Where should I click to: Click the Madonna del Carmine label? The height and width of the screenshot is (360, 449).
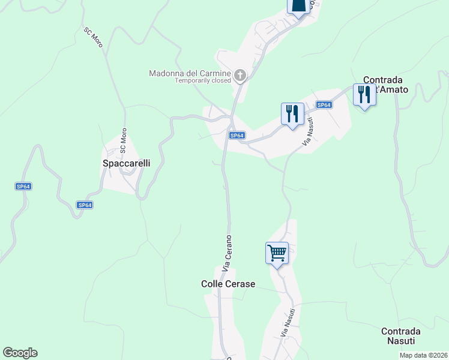coord(190,73)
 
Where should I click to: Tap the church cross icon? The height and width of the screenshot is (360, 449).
coord(240,76)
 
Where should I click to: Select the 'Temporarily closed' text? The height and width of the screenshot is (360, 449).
coord(203,80)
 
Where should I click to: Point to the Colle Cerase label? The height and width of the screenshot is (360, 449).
coord(228,284)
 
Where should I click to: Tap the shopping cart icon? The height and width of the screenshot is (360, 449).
coord(277,253)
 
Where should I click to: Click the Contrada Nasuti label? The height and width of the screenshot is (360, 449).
coord(400,335)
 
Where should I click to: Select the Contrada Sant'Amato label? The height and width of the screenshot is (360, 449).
coord(386,85)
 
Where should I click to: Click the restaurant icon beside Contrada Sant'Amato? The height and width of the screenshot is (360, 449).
coord(364,95)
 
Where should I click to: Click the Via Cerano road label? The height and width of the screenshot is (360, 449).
coord(227,252)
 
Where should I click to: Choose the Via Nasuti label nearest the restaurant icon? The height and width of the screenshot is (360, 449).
coord(308,132)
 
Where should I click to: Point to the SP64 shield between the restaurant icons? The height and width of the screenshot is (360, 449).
coord(324,105)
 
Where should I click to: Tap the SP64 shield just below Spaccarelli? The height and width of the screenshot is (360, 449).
coord(85,205)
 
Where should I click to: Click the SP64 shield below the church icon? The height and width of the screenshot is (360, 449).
coord(237,136)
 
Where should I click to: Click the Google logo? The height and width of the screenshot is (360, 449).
coord(20,353)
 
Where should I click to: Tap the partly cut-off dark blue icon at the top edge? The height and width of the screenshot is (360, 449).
coord(299,5)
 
